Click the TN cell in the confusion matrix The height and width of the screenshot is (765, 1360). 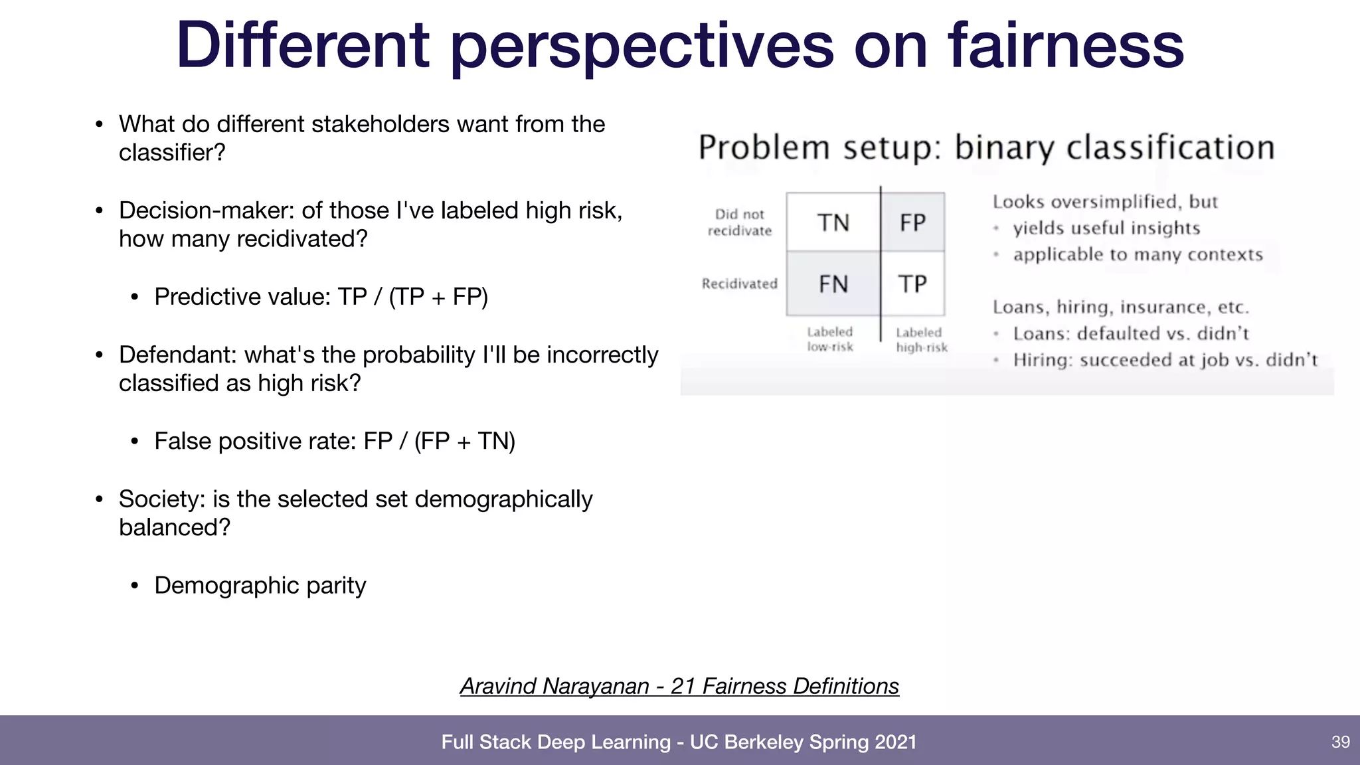click(833, 222)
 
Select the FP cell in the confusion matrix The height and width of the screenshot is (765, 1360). click(912, 222)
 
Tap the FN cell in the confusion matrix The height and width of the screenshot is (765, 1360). click(833, 284)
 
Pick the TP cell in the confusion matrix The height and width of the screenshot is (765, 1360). click(912, 284)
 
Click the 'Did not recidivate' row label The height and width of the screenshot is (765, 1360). click(740, 222)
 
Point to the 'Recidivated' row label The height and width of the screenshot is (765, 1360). click(739, 284)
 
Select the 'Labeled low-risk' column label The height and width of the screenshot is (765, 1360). click(830, 339)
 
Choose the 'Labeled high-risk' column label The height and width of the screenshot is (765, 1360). click(921, 339)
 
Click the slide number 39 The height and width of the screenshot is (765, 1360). click(1340, 742)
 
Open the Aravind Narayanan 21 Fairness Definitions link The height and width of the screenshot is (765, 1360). click(679, 686)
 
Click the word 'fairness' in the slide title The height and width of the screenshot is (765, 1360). click(1065, 45)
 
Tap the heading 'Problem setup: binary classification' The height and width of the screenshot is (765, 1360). click(986, 147)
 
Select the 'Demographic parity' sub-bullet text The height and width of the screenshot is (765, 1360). click(260, 585)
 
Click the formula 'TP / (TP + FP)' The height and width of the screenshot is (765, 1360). click(412, 297)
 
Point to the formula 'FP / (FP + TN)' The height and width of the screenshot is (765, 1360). click(439, 441)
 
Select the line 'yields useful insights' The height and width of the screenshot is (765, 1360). click(1106, 228)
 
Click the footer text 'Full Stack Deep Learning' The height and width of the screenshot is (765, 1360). click(556, 742)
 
